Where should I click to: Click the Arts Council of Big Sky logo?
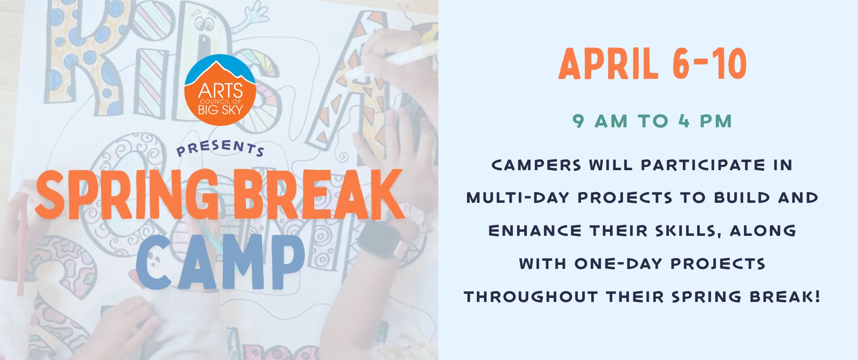[x=220, y=90]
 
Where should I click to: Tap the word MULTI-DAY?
[x=518, y=198]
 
